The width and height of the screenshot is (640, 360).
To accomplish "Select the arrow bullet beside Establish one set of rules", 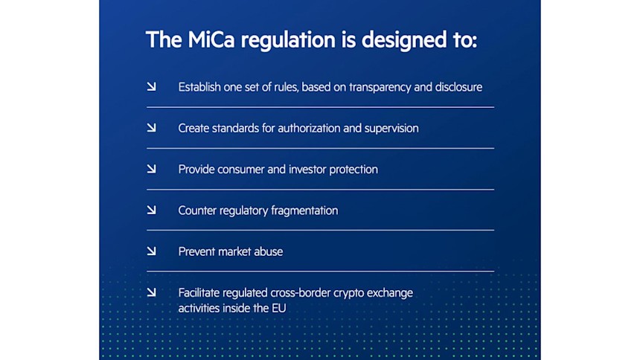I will click(151, 87).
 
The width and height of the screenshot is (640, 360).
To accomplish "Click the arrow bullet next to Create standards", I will click(151, 128).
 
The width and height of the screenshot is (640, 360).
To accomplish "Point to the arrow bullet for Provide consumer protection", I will click(151, 169).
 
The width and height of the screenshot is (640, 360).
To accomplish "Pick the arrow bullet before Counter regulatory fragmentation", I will click(151, 210).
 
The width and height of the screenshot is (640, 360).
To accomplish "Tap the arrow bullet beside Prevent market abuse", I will click(151, 251).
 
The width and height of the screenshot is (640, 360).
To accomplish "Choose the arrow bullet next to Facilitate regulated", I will click(151, 292).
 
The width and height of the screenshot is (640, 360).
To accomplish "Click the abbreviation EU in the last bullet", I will click(278, 308).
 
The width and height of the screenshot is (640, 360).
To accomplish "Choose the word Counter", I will click(198, 210).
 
